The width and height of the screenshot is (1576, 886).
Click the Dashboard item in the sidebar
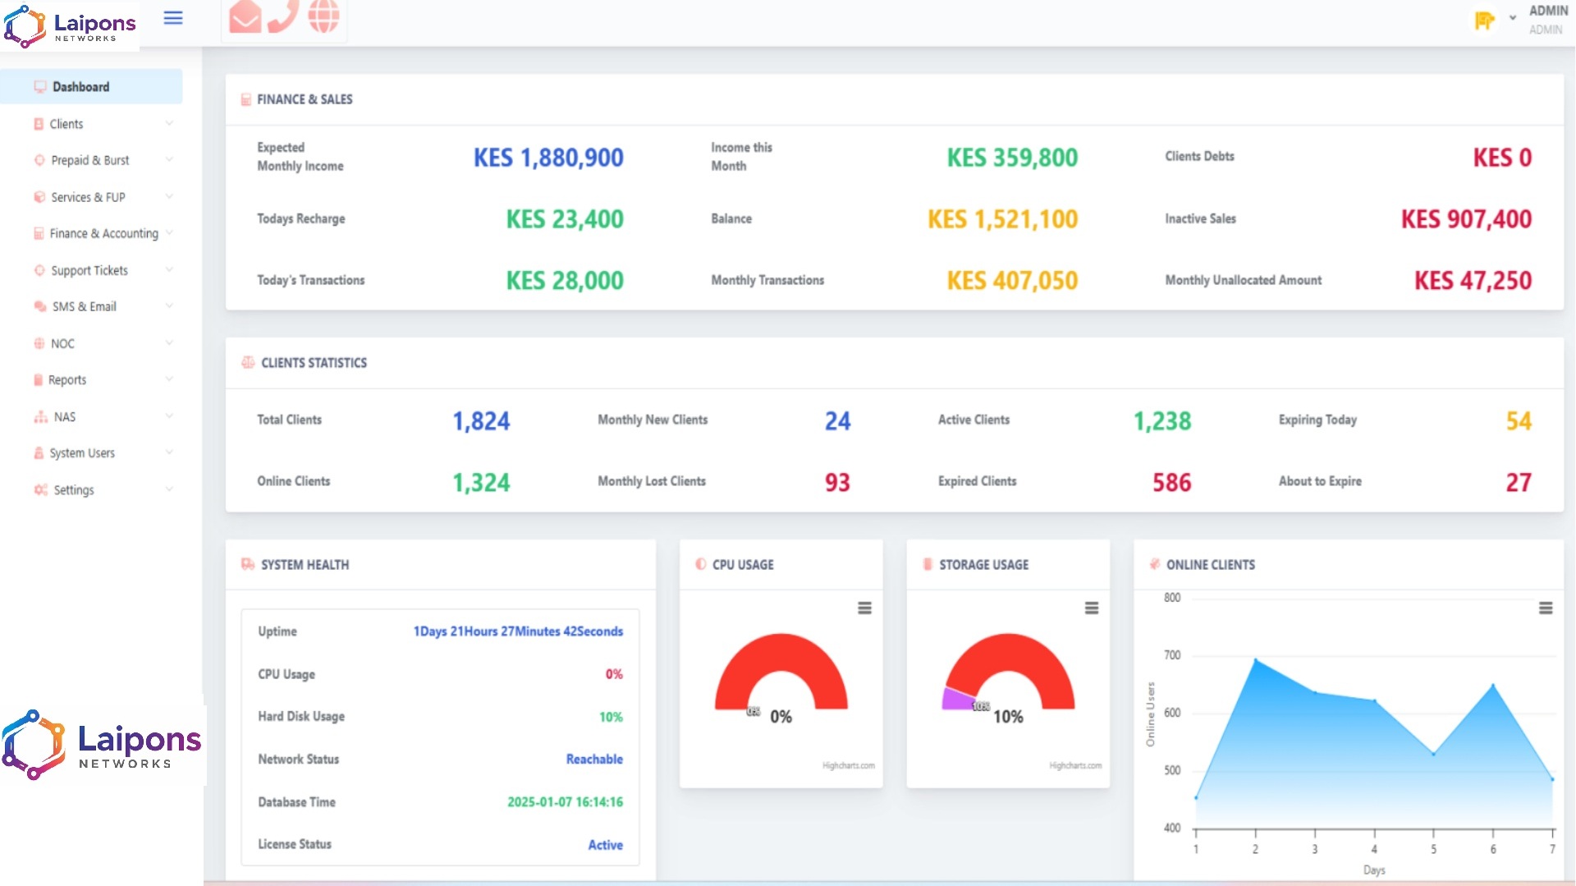[80, 87]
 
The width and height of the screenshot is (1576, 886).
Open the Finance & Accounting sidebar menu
[103, 234]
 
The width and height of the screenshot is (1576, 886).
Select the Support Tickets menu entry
[89, 270]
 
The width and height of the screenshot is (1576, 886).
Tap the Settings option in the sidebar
[74, 490]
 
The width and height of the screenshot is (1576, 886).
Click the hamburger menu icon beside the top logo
[173, 18]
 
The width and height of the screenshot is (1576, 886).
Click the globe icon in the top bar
[323, 16]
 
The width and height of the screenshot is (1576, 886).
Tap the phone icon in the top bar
[283, 16]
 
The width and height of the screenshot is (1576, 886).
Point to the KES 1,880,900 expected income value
[548, 158]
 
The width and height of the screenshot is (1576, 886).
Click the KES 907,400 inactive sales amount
[1466, 219]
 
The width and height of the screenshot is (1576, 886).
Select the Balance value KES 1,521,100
[1002, 219]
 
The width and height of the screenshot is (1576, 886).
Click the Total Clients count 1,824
[481, 421]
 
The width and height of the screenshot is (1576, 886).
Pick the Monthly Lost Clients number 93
[837, 483]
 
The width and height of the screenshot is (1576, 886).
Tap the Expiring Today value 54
[1519, 421]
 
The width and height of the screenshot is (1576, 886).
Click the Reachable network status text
[594, 760]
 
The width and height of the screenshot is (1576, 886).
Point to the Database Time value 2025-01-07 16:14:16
[565, 802]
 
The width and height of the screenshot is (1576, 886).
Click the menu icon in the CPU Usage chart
[864, 608]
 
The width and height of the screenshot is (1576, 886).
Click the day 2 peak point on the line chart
[1255, 659]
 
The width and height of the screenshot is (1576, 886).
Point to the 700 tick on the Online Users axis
[1172, 655]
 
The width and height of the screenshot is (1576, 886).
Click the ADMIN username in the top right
[1548, 11]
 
